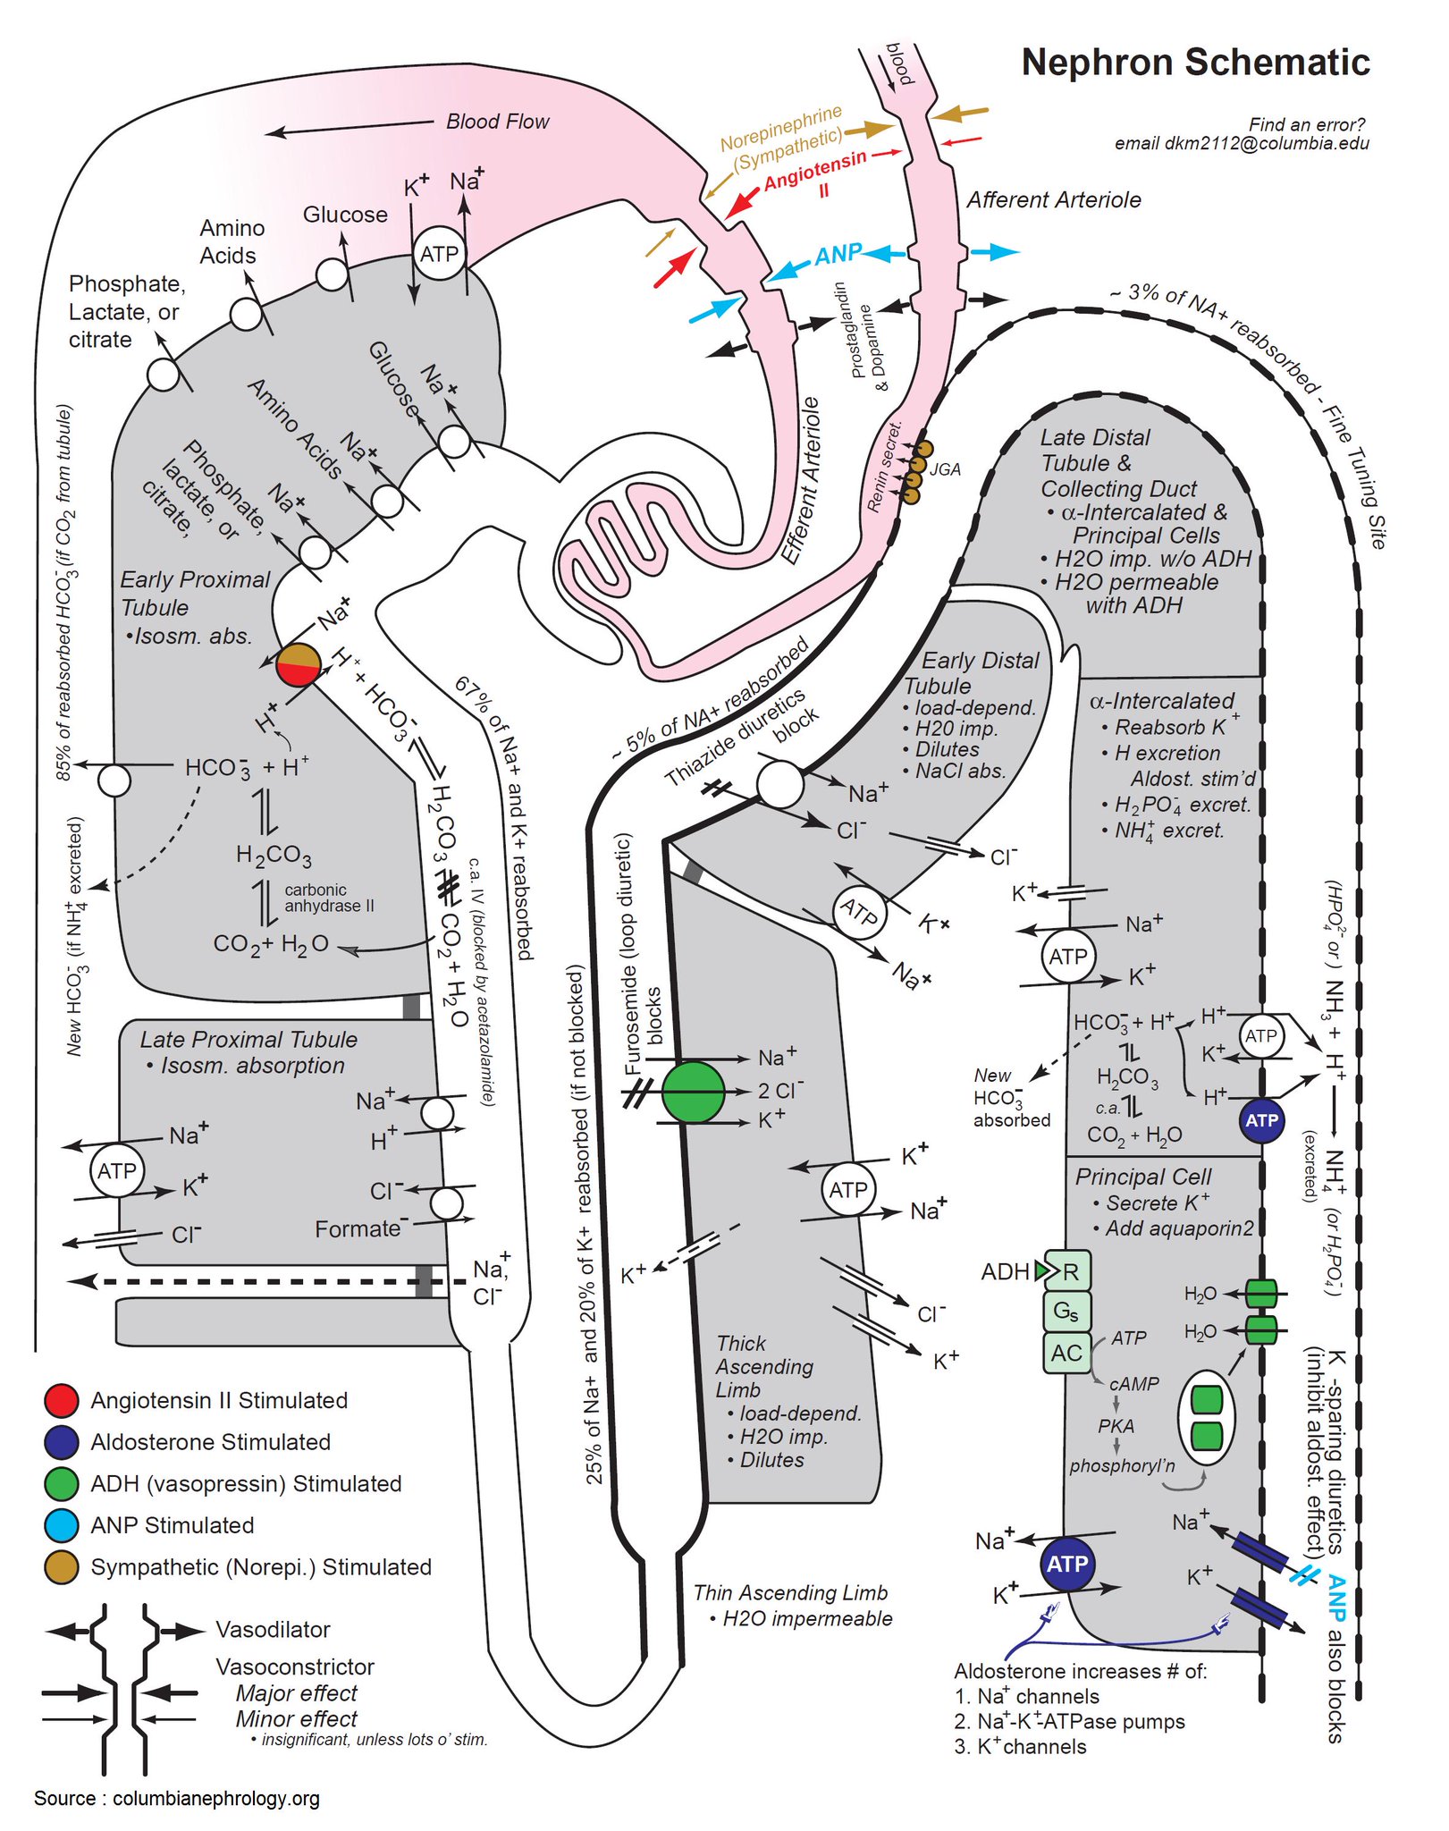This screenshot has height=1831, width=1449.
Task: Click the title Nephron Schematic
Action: coord(1195,63)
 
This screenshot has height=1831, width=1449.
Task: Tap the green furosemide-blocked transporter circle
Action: coord(694,1092)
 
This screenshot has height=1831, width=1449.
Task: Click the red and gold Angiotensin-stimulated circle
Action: coord(299,664)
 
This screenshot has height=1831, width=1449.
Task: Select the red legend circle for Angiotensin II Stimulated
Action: coord(62,1400)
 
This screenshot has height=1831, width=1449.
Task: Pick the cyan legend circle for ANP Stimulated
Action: coord(62,1525)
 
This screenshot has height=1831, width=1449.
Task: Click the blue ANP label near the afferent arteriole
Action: coord(838,255)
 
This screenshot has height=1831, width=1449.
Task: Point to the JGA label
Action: coord(945,469)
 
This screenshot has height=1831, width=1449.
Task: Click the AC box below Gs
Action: coord(1066,1353)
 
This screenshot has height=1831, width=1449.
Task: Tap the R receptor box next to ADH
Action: coord(1069,1271)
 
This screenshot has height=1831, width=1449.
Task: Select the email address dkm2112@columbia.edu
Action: coord(1242,143)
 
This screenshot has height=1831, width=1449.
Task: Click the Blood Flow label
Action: coord(497,122)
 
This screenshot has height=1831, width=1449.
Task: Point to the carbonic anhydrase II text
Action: coord(329,898)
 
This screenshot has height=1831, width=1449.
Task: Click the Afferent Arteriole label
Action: coord(1054,200)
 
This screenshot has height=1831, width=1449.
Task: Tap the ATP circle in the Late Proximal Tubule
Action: coord(117,1170)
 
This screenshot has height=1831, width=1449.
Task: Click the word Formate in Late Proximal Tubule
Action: coord(358,1229)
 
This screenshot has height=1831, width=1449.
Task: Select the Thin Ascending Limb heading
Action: coord(790,1592)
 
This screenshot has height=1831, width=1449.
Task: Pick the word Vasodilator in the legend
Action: coord(273,1630)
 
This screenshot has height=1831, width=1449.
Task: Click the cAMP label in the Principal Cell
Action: coord(1133,1384)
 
